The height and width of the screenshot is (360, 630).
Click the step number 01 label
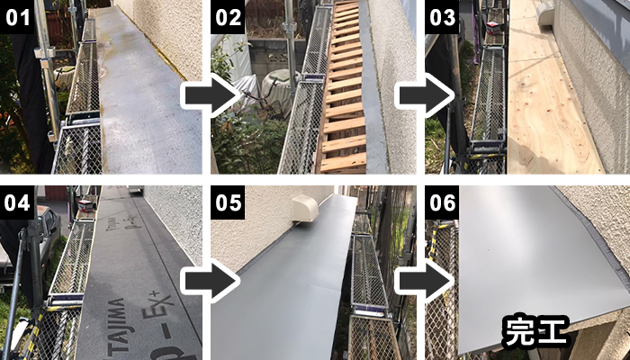click(18, 17)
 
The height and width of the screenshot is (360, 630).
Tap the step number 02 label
click(228, 17)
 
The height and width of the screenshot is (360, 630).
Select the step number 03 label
click(442, 17)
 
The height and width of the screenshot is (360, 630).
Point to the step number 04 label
click(18, 202)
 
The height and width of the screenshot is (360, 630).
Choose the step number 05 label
click(228, 202)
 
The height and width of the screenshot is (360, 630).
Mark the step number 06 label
click(442, 202)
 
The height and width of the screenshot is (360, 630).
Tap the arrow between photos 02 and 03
click(424, 95)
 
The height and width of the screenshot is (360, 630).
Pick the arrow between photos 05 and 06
click(424, 281)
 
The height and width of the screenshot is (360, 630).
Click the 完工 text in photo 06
click(535, 331)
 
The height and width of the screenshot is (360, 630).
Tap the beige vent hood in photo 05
click(305, 208)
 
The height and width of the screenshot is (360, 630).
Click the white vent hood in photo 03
click(545, 13)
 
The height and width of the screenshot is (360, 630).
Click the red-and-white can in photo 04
click(85, 205)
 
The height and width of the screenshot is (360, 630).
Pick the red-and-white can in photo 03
click(493, 27)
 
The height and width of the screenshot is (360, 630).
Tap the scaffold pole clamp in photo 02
click(290, 28)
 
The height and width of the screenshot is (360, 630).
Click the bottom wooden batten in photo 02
click(343, 162)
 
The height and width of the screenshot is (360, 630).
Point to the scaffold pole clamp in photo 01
click(45, 53)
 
